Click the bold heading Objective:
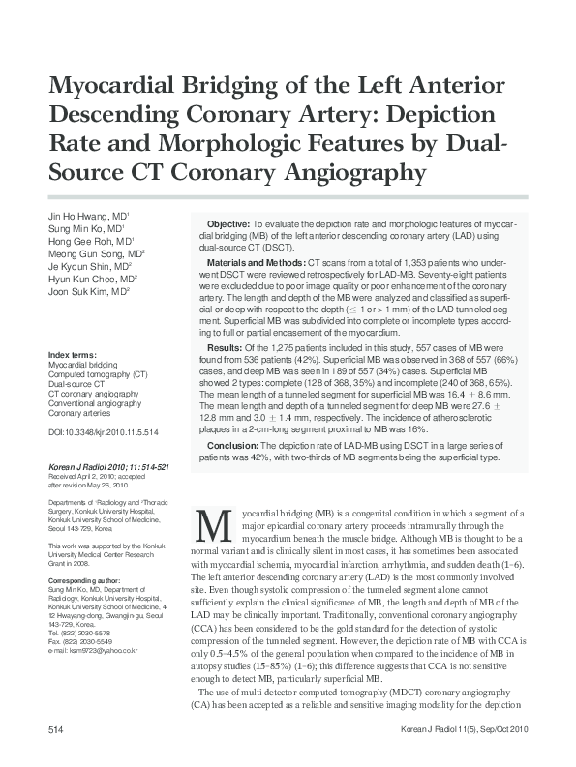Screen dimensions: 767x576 tap(229, 222)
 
